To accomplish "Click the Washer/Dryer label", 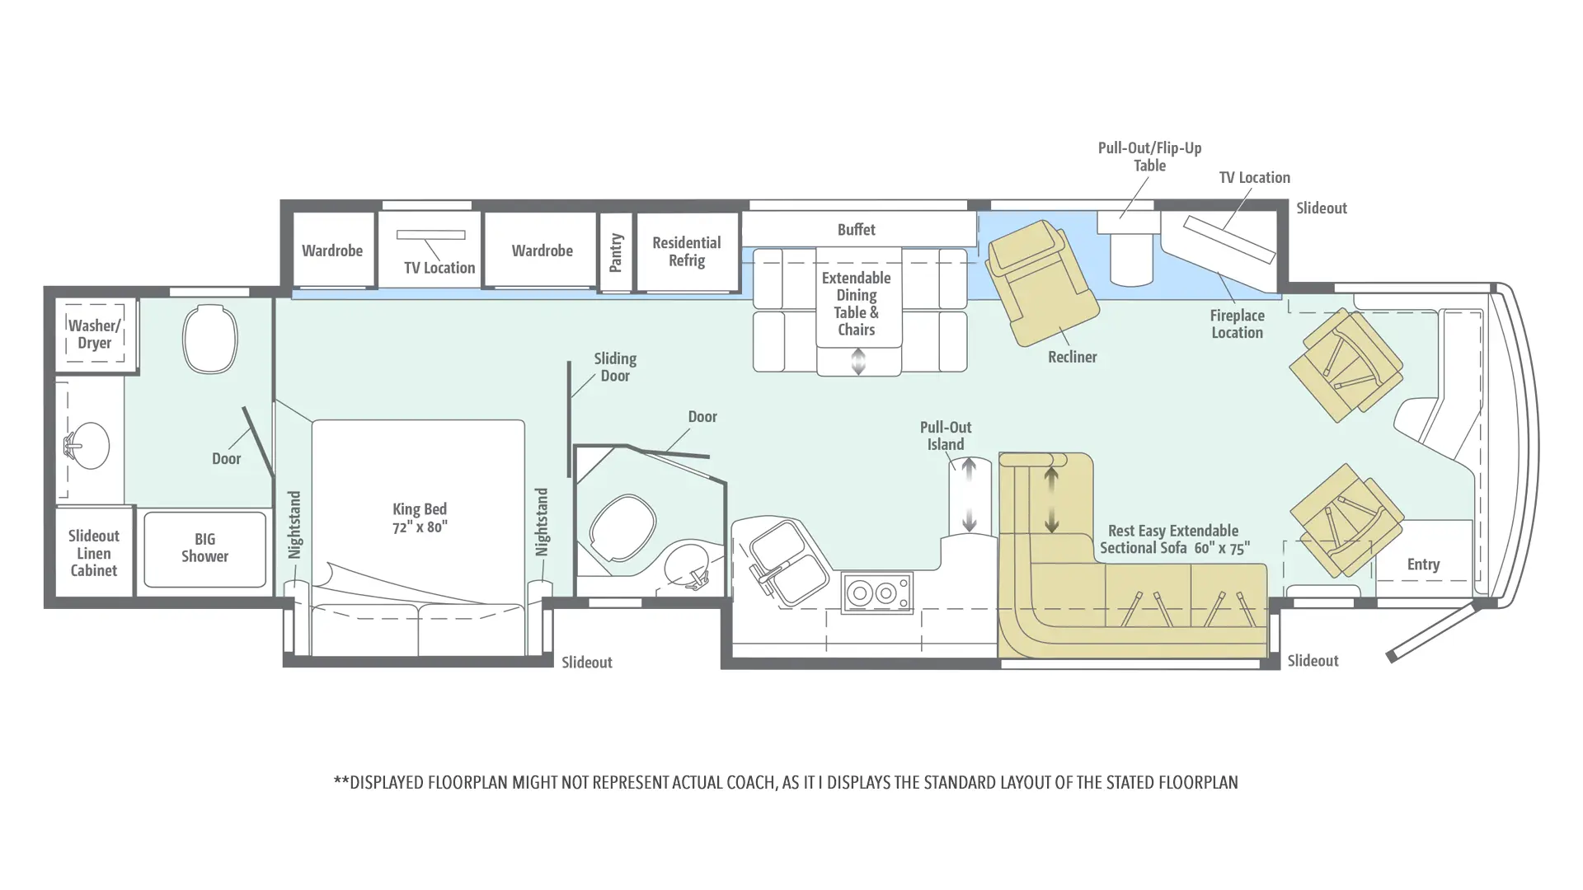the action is pyautogui.click(x=94, y=334).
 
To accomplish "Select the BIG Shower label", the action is pyautogui.click(x=204, y=547).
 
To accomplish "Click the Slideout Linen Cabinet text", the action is pyautogui.click(x=93, y=553).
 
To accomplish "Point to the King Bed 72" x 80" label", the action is pyautogui.click(x=420, y=518).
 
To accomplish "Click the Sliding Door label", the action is pyautogui.click(x=615, y=367).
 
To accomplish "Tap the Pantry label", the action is pyautogui.click(x=616, y=252).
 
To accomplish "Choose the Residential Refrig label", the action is pyautogui.click(x=687, y=251).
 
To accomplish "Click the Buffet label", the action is pyautogui.click(x=857, y=229).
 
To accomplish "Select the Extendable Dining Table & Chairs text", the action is pyautogui.click(x=857, y=303).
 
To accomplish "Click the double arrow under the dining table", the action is pyautogui.click(x=858, y=361).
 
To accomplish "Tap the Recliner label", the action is pyautogui.click(x=1073, y=357).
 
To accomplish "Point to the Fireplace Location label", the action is pyautogui.click(x=1238, y=324).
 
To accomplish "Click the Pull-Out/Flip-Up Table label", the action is pyautogui.click(x=1150, y=157).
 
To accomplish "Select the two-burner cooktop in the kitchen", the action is pyautogui.click(x=877, y=593).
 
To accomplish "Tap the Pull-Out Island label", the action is pyautogui.click(x=946, y=436).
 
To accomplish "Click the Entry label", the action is pyautogui.click(x=1424, y=564).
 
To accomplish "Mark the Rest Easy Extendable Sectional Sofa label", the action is pyautogui.click(x=1175, y=539).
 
